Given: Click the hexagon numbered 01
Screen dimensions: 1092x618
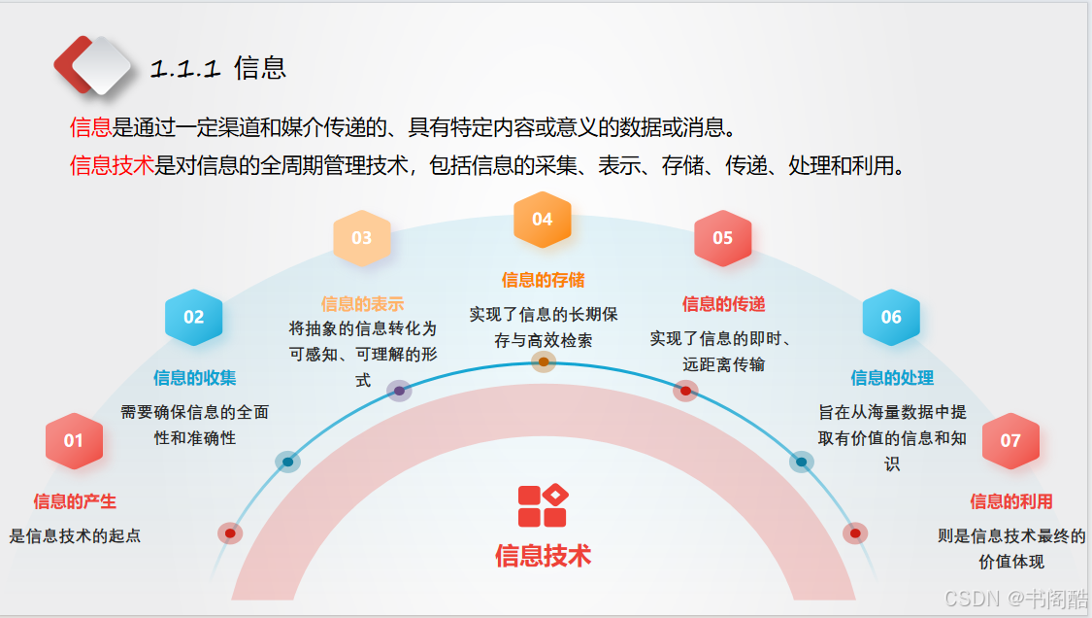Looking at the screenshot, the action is pyautogui.click(x=74, y=441).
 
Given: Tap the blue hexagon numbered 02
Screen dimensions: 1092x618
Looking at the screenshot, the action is pyautogui.click(x=193, y=318).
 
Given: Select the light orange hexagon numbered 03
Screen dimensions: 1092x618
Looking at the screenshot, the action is pyautogui.click(x=361, y=238).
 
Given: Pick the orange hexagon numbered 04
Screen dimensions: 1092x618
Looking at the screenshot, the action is pyautogui.click(x=543, y=220).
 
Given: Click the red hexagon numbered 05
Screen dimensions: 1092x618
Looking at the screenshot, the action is pyautogui.click(x=723, y=238).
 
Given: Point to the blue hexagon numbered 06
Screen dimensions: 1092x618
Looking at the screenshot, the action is pyautogui.click(x=891, y=318).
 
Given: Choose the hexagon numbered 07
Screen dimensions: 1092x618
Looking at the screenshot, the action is pyautogui.click(x=1010, y=441).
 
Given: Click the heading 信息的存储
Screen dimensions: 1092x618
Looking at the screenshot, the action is pyautogui.click(x=544, y=280).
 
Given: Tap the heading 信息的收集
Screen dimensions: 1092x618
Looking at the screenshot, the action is pyautogui.click(x=195, y=377).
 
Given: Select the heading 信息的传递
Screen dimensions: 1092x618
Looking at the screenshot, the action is pyautogui.click(x=723, y=303).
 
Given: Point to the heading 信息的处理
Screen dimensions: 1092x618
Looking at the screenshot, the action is pyautogui.click(x=892, y=377).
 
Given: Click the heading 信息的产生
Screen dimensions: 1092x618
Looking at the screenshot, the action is pyautogui.click(x=75, y=500).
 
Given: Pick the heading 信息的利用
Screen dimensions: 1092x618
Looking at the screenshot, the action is pyautogui.click(x=1011, y=500).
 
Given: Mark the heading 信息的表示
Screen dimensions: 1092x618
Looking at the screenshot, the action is pyautogui.click(x=362, y=303).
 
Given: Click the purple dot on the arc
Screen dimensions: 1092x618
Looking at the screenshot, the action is pyautogui.click(x=399, y=391).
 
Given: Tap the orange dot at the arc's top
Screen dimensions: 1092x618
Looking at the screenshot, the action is pyautogui.click(x=544, y=361).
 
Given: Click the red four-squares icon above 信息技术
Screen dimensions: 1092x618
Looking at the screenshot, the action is pyautogui.click(x=544, y=505).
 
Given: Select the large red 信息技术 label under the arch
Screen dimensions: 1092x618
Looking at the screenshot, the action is pyautogui.click(x=544, y=556).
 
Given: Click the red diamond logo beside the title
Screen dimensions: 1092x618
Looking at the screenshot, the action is pyautogui.click(x=92, y=65).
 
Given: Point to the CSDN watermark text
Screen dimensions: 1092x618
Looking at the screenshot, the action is pyautogui.click(x=1016, y=598).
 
